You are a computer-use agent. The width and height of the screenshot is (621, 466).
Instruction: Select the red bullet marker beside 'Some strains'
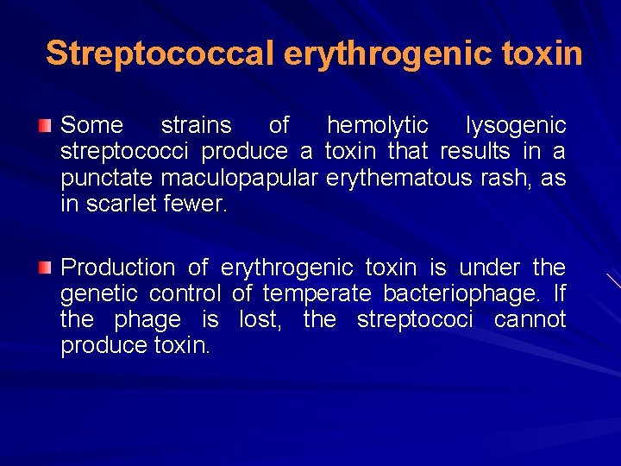pyautogui.click(x=44, y=126)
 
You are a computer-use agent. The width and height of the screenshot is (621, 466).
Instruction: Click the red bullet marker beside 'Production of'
pyautogui.click(x=44, y=268)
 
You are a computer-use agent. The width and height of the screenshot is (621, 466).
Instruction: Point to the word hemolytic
pyautogui.click(x=377, y=126)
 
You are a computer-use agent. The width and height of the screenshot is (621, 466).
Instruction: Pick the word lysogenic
pyautogui.click(x=516, y=126)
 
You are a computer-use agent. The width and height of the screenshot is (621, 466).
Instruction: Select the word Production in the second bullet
pyautogui.click(x=117, y=268)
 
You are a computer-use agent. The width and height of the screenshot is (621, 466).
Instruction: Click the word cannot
pyautogui.click(x=530, y=320)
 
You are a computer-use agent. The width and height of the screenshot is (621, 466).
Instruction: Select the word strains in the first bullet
pyautogui.click(x=197, y=126)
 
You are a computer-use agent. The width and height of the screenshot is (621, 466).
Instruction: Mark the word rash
pyautogui.click(x=517, y=179)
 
